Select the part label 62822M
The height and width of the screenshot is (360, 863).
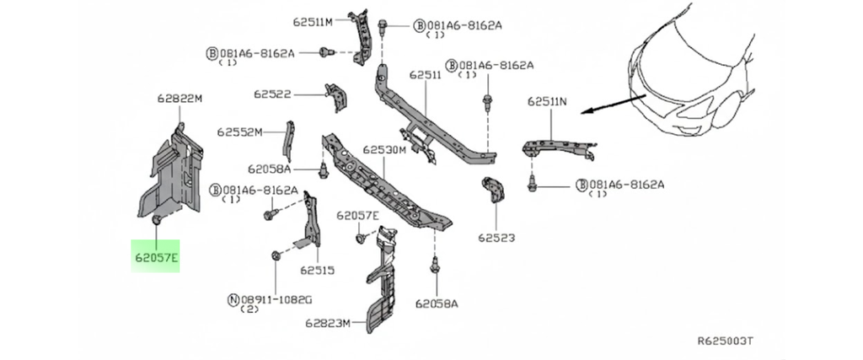(x=180, y=99)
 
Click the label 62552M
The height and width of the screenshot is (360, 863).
(x=239, y=132)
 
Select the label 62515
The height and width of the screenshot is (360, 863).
(x=317, y=271)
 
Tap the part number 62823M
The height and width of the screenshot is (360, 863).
(x=327, y=322)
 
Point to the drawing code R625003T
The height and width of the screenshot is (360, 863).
(x=725, y=341)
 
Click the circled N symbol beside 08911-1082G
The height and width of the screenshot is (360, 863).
(x=232, y=298)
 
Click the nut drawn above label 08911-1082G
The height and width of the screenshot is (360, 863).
(x=277, y=255)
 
